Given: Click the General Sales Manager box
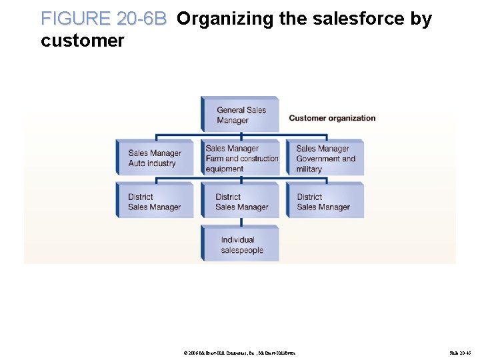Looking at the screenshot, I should click(x=240, y=115).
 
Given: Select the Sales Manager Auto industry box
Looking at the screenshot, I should click(x=154, y=158).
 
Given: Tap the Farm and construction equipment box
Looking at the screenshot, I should click(x=240, y=158).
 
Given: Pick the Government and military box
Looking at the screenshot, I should click(x=325, y=158).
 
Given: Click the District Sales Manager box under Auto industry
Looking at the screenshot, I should click(x=154, y=201).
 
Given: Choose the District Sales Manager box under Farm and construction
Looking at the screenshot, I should click(x=240, y=201).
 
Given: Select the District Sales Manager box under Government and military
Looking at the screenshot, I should click(x=325, y=201).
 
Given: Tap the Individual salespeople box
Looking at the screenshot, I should click(x=240, y=245).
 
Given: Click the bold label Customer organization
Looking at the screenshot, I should click(x=332, y=118).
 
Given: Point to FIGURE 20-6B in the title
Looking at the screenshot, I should click(x=103, y=19).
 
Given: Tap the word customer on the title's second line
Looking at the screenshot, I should click(x=82, y=41).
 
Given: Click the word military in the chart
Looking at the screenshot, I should click(x=309, y=169).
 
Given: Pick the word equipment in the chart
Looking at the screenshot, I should click(x=225, y=169).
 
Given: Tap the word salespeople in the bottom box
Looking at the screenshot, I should click(x=242, y=251).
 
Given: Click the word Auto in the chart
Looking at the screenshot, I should click(x=137, y=163).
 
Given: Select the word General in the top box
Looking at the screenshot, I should click(x=231, y=110).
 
